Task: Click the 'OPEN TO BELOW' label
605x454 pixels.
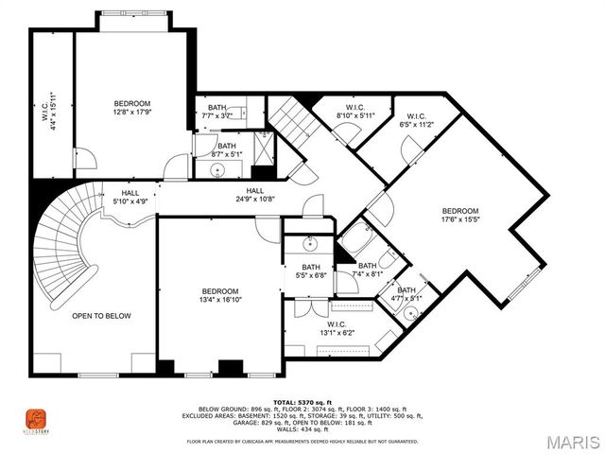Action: coord(102,316)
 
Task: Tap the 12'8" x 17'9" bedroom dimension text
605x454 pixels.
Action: coord(132,109)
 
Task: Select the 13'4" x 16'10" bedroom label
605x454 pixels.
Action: coord(220,296)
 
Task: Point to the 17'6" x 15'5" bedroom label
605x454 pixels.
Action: coord(460,216)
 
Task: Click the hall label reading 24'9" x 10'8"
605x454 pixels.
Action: coord(254,195)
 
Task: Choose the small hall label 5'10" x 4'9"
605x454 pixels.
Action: coord(130,196)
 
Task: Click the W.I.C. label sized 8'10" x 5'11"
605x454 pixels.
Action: coord(355,112)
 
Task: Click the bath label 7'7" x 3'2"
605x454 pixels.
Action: coord(218,112)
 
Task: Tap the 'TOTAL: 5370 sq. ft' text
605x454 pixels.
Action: coord(303,402)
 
